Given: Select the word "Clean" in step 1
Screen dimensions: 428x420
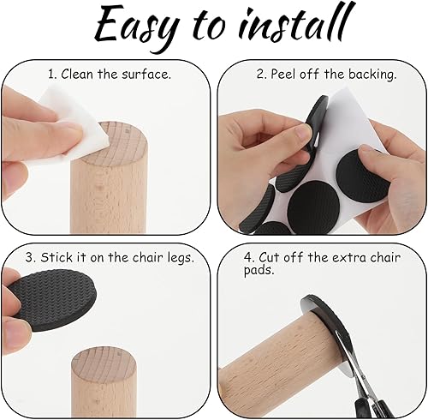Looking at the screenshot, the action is point(77,74).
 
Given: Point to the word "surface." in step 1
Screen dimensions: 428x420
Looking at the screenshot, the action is point(146,75).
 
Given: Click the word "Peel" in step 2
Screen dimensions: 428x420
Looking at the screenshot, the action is point(283,74).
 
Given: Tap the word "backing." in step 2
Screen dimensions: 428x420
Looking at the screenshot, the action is point(372,75).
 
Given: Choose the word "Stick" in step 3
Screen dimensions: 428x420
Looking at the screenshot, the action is point(56,257).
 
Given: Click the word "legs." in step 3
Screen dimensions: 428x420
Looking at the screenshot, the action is point(181,258).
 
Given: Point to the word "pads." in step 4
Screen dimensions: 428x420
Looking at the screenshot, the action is point(259,270).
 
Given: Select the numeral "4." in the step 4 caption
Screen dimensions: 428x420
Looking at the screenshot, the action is point(249,257).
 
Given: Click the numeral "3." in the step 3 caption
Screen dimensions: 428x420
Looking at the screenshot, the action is point(30,257).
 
